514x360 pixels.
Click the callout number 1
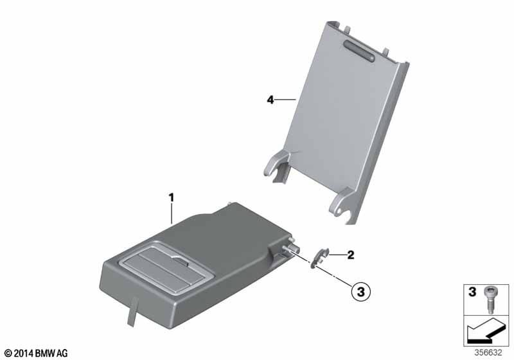coord(171,198)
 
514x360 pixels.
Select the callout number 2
coord(351,255)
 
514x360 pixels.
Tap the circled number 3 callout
coord(360,291)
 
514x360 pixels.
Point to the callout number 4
coord(270,100)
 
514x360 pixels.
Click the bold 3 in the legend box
coord(472,291)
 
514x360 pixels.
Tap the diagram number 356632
coord(488,353)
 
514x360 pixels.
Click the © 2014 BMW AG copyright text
coord(37,353)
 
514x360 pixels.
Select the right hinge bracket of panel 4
coord(342,203)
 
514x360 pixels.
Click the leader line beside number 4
coord(285,100)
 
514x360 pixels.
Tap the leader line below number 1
coord(172,214)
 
